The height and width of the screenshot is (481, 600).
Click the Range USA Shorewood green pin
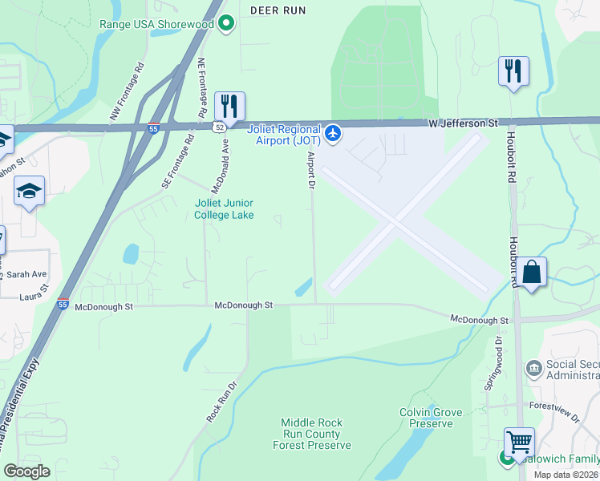[x=226, y=24]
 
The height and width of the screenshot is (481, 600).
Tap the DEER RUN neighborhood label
[x=278, y=10]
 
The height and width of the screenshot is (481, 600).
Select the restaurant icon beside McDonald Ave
[x=229, y=106]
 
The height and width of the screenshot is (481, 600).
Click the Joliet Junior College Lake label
[x=225, y=208]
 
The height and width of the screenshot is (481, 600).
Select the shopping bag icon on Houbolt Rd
[x=531, y=272]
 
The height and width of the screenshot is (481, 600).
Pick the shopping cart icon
[x=519, y=443]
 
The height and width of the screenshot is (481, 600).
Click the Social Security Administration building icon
[x=533, y=369]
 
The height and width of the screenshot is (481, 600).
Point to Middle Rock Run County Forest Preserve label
[x=312, y=434]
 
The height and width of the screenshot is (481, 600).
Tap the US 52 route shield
[x=218, y=126]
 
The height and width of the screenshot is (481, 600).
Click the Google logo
[x=26, y=471]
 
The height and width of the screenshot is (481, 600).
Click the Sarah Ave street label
[x=27, y=274]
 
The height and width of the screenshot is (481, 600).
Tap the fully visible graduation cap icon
[x=30, y=191]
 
